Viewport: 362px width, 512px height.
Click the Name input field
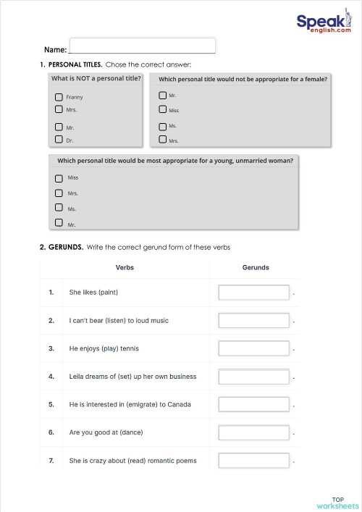pyautogui.click(x=142, y=46)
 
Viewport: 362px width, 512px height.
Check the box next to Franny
pyautogui.click(x=59, y=97)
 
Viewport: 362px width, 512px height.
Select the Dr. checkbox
pyautogui.click(x=59, y=140)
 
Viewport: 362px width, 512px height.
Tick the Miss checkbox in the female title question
pyautogui.click(x=162, y=110)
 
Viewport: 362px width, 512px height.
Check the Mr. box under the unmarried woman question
pyautogui.click(x=59, y=224)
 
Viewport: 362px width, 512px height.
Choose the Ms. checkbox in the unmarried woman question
pyautogui.click(x=59, y=209)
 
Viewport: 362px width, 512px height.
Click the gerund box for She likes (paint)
pyautogui.click(x=253, y=293)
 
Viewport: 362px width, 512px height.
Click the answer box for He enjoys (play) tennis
pyautogui.click(x=253, y=348)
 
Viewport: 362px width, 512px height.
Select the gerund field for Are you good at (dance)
pyautogui.click(x=253, y=432)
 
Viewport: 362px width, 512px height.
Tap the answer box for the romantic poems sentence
pyautogui.click(x=253, y=461)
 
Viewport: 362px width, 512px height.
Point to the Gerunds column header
pyautogui.click(x=255, y=267)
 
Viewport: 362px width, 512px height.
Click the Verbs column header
pyautogui.click(x=125, y=267)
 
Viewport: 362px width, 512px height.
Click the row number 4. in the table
pyautogui.click(x=51, y=377)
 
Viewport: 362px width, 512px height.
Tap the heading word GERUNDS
pyautogui.click(x=65, y=247)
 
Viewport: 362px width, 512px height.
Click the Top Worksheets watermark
pyautogui.click(x=337, y=502)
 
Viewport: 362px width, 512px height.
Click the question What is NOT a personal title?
pyautogui.click(x=96, y=78)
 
